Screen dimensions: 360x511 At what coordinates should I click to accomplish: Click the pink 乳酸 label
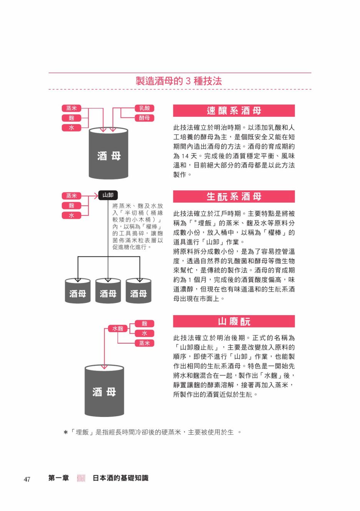click(x=144, y=108)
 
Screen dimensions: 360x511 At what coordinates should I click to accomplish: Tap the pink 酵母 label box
click(x=144, y=118)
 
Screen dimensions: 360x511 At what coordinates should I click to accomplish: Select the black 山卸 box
click(x=108, y=195)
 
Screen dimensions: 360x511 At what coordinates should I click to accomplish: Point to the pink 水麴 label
click(x=118, y=329)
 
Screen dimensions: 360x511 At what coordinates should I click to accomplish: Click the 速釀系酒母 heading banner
click(x=234, y=111)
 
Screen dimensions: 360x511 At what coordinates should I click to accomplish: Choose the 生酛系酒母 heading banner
click(x=234, y=197)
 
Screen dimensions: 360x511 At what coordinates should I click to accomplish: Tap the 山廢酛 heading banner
click(x=234, y=321)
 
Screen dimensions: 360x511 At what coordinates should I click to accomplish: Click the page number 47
click(x=27, y=479)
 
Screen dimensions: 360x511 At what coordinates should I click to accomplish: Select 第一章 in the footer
click(x=58, y=478)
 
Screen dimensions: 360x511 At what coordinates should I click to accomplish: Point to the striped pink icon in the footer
click(x=81, y=478)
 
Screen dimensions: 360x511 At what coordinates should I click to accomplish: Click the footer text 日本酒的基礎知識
click(x=121, y=478)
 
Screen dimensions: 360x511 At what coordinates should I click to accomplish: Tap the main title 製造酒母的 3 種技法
click(x=179, y=81)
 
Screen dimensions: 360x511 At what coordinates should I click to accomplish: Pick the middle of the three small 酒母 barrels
click(x=108, y=291)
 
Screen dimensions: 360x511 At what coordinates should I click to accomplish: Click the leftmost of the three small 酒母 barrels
click(x=78, y=291)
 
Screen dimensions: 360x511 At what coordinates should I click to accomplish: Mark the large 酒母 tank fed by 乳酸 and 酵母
click(x=108, y=153)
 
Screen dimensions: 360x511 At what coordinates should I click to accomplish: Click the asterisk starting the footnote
click(x=66, y=432)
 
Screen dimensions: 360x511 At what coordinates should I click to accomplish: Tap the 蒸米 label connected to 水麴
click(x=144, y=343)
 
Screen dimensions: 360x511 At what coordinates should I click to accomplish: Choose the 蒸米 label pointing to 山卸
click(x=71, y=196)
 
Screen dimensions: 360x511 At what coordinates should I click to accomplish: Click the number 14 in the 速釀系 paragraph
click(x=185, y=156)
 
